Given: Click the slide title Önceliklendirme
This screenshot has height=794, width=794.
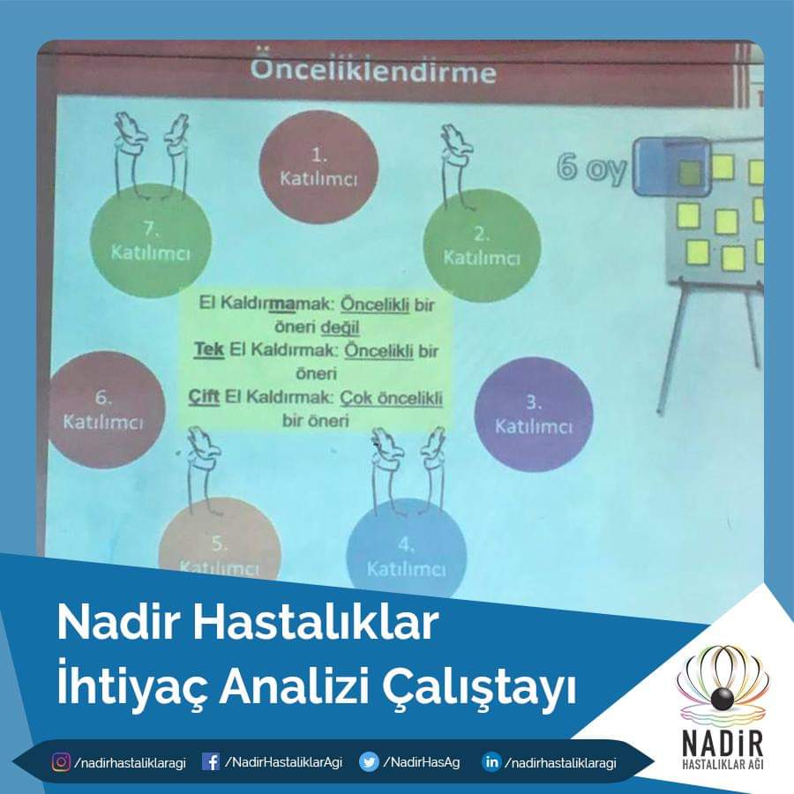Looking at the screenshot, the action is pyautogui.click(x=373, y=70).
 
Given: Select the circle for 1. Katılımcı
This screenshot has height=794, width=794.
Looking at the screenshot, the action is pyautogui.click(x=319, y=167).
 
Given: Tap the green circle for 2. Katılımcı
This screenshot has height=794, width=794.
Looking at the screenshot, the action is pyautogui.click(x=482, y=245).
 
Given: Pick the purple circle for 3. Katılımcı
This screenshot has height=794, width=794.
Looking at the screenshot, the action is pyautogui.click(x=534, y=415).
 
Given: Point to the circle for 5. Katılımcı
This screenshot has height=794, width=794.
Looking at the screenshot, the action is pyautogui.click(x=220, y=542).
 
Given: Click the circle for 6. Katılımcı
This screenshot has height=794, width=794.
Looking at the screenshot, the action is pyautogui.click(x=106, y=409).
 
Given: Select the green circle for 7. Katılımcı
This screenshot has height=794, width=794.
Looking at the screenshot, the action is pyautogui.click(x=151, y=241).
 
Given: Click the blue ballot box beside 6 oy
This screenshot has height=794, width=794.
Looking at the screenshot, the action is pyautogui.click(x=671, y=167).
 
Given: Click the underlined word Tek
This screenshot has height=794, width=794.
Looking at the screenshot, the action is pyautogui.click(x=209, y=349).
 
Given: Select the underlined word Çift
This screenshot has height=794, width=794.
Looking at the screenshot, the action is pyautogui.click(x=204, y=396).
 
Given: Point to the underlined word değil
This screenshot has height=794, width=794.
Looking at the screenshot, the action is pyautogui.click(x=341, y=327).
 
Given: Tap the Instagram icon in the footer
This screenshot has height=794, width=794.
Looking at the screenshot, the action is pyautogui.click(x=61, y=761).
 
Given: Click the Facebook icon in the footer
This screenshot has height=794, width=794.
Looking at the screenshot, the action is pyautogui.click(x=211, y=761).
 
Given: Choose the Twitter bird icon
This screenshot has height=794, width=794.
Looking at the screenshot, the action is pyautogui.click(x=369, y=761).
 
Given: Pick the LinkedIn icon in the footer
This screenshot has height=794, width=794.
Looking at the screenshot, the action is pyautogui.click(x=491, y=761).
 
